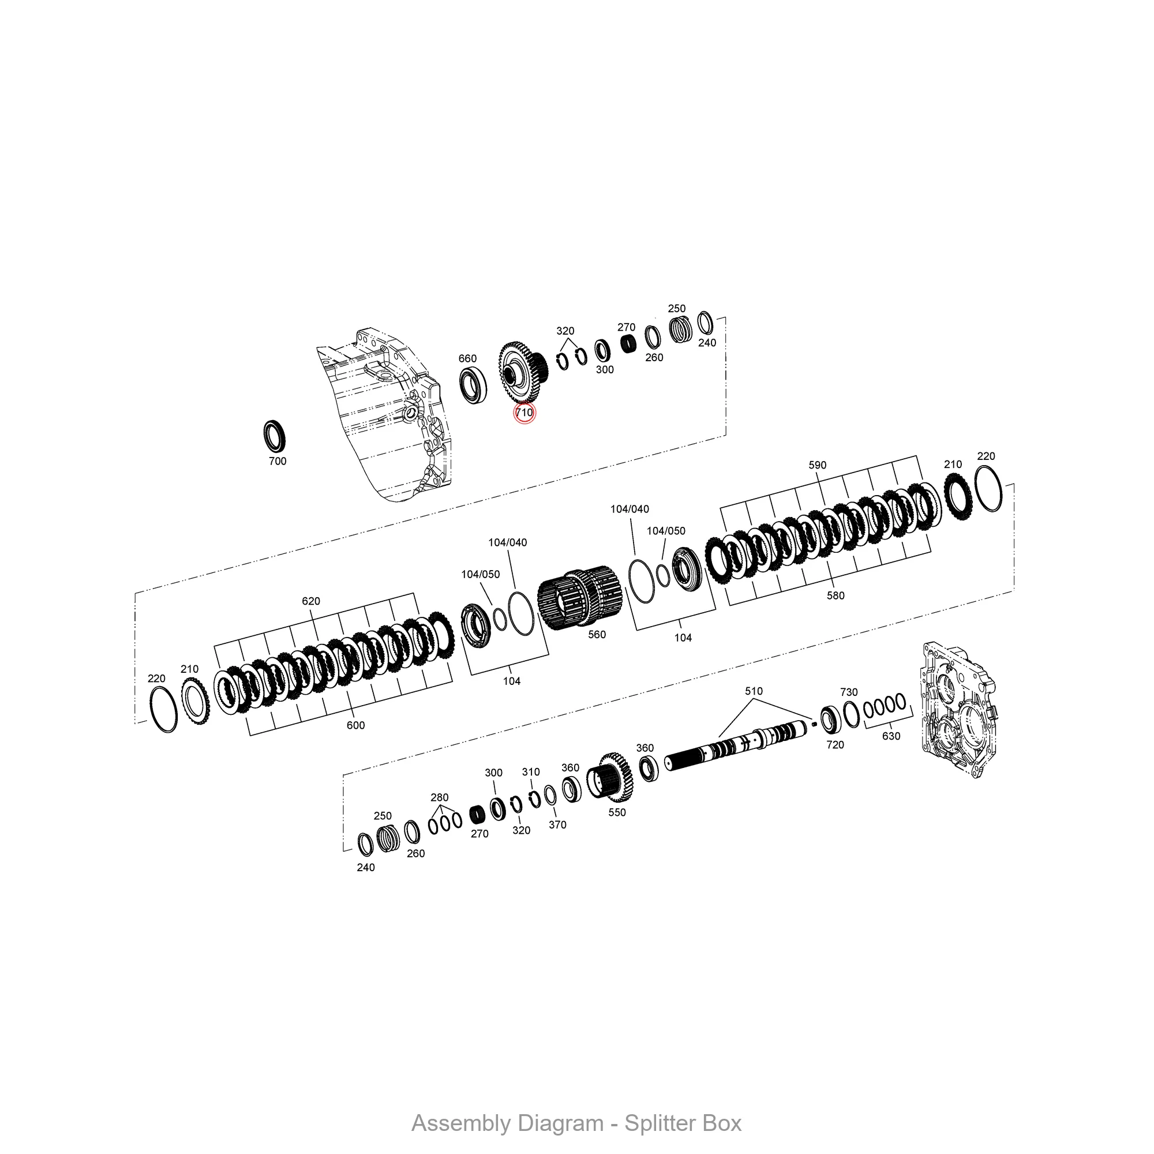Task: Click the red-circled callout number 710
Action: click(x=524, y=413)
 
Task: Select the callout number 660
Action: click(x=467, y=358)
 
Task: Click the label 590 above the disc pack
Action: click(x=817, y=465)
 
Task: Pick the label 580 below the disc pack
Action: click(x=835, y=595)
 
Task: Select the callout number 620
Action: click(x=310, y=601)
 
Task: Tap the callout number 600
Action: click(x=355, y=725)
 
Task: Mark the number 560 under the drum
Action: click(x=597, y=635)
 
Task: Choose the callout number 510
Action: click(x=753, y=691)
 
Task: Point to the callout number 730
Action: click(x=849, y=692)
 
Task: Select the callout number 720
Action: click(x=835, y=745)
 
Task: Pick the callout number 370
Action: click(x=557, y=825)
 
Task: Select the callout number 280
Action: click(x=439, y=797)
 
